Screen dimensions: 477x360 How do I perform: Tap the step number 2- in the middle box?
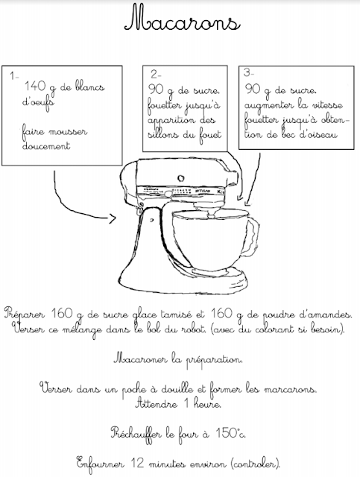coord(156,75)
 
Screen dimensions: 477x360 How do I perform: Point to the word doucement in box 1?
coord(46,146)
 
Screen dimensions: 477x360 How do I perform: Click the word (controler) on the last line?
coord(254,461)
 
